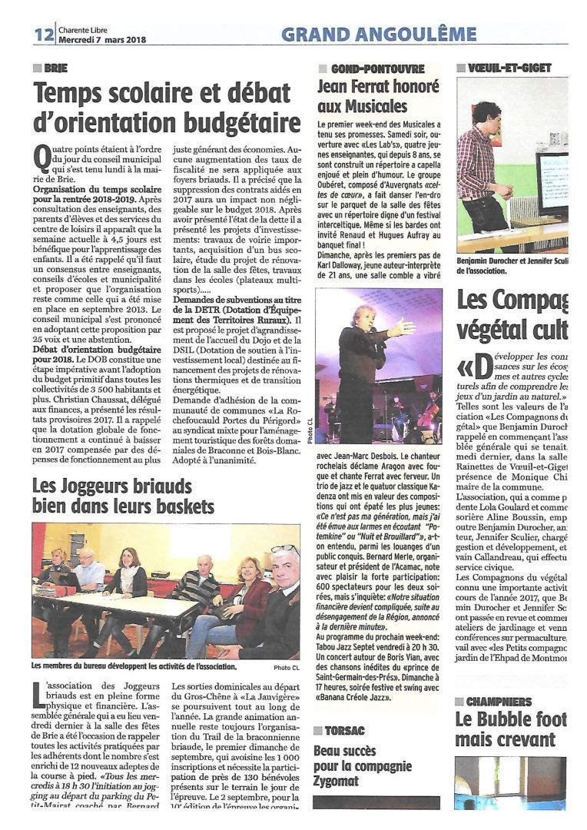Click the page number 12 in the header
click(x=43, y=34)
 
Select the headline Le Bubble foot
click(x=511, y=720)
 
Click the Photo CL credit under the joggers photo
click(x=287, y=667)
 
